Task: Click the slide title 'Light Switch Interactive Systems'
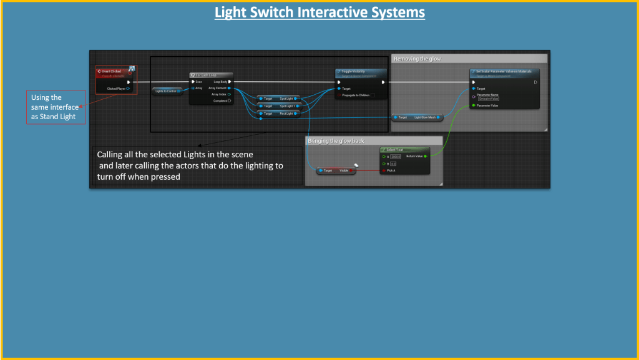tap(319, 12)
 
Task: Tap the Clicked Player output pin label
tap(117, 89)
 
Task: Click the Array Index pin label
tap(218, 94)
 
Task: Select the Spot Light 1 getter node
tap(279, 106)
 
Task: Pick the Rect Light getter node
tap(279, 114)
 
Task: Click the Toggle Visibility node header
tap(361, 72)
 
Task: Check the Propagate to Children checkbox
tap(373, 95)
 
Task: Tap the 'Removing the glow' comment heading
tap(417, 59)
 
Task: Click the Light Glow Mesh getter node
tap(417, 117)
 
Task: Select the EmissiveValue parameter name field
tap(489, 99)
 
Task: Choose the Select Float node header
tap(403, 150)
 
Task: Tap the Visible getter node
tap(337, 170)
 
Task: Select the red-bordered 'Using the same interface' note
tap(55, 107)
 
